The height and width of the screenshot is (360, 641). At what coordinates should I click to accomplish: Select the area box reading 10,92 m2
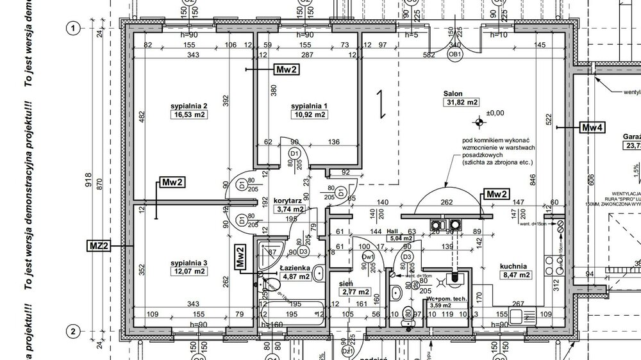pyautogui.click(x=310, y=115)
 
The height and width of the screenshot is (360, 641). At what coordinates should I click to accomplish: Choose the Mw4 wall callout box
pyautogui.click(x=592, y=127)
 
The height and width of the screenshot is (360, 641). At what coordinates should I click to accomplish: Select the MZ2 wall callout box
pyautogui.click(x=98, y=245)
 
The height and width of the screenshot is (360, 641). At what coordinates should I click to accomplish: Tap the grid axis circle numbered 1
pyautogui.click(x=74, y=28)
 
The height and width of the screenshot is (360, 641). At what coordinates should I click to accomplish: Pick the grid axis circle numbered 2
pyautogui.click(x=74, y=331)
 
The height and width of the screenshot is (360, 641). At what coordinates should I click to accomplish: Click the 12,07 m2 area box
pyautogui.click(x=189, y=272)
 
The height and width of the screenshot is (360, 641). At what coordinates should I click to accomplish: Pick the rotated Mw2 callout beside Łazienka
pyautogui.click(x=240, y=257)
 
